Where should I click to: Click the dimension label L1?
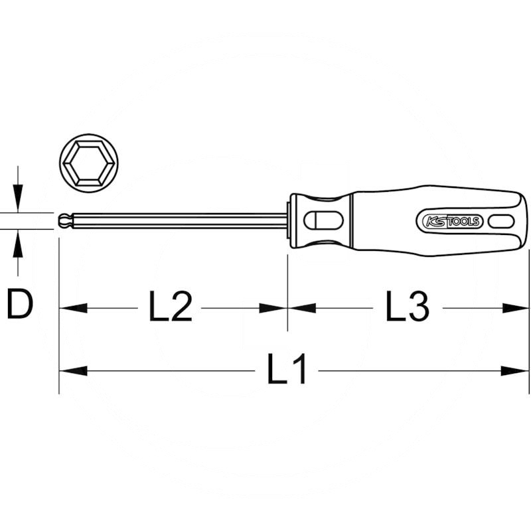pyautogui.click(x=287, y=370)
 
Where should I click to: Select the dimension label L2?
pyautogui.click(x=170, y=307)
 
